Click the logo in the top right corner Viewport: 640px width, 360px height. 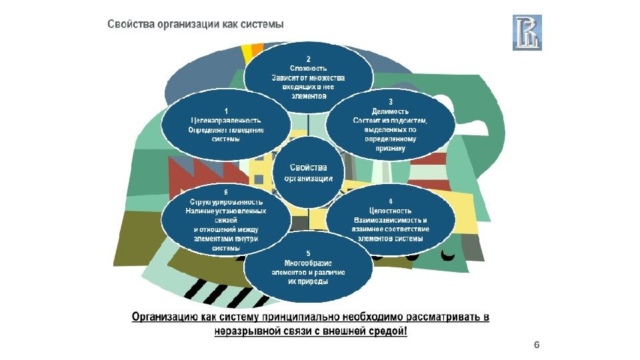pos(527,32)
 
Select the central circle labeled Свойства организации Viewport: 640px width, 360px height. pos(309,171)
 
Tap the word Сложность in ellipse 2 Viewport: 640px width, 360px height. pos(308,68)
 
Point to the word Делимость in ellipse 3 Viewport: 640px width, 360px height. pos(389,111)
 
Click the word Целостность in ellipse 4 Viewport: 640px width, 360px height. pos(390,210)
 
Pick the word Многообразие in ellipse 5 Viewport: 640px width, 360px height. pos(308,263)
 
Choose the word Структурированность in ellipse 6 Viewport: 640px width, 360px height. pos(227,201)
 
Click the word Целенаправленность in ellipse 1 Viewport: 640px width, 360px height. pos(227,121)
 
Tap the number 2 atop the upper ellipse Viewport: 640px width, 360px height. pos(308,59)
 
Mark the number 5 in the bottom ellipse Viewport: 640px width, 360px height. pos(308,253)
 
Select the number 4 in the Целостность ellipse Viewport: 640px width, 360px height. pos(390,201)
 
